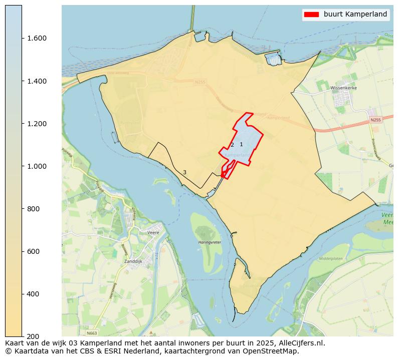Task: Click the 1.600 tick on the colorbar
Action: pos(36,39)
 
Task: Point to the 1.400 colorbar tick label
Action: pos(36,81)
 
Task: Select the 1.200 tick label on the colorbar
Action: pos(36,124)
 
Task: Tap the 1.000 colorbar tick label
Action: pos(36,166)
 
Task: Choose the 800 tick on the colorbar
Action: pos(33,209)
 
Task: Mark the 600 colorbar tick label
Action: pos(33,251)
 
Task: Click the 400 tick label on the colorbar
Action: pos(33,294)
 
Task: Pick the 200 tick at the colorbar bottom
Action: pos(33,336)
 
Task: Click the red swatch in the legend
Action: pos(311,15)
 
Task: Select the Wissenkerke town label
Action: pos(343,88)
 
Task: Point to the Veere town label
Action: pos(153,233)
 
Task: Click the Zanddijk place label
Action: pos(134,261)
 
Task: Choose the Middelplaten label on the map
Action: pos(330,259)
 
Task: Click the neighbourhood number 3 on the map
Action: pos(184,173)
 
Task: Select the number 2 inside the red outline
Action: pos(232,145)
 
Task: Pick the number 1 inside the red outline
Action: pos(241,145)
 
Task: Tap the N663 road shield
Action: pos(91,333)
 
